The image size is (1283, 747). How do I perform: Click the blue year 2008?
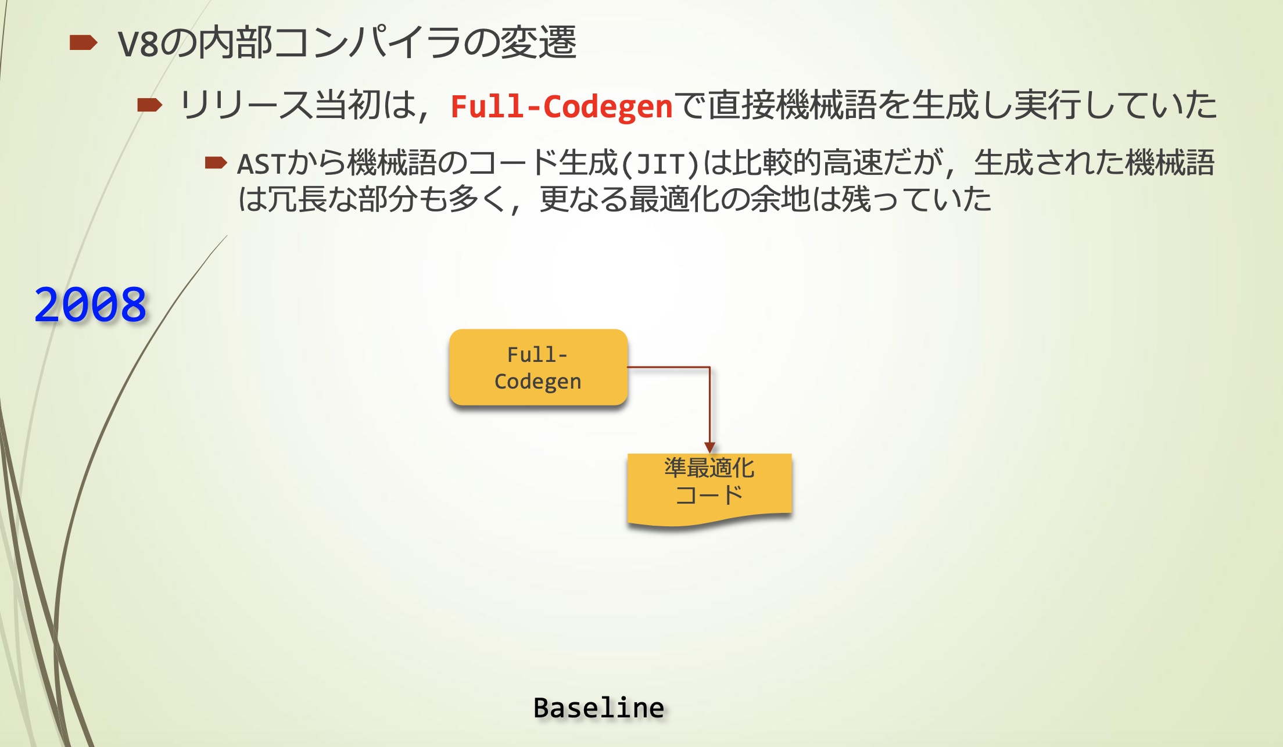click(90, 304)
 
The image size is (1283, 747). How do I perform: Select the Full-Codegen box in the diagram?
click(538, 367)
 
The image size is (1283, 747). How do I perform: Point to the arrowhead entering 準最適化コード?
click(709, 447)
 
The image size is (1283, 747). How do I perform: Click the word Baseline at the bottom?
click(599, 708)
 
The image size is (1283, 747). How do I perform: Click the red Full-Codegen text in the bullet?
click(561, 106)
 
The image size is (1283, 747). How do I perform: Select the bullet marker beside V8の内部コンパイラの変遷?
click(83, 43)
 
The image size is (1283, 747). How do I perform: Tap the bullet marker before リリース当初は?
click(149, 105)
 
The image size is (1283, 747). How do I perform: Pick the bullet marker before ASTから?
click(216, 163)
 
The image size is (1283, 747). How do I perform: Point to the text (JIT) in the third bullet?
click(660, 164)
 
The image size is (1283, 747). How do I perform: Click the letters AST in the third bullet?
click(261, 164)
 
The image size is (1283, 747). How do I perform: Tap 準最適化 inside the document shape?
click(709, 468)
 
